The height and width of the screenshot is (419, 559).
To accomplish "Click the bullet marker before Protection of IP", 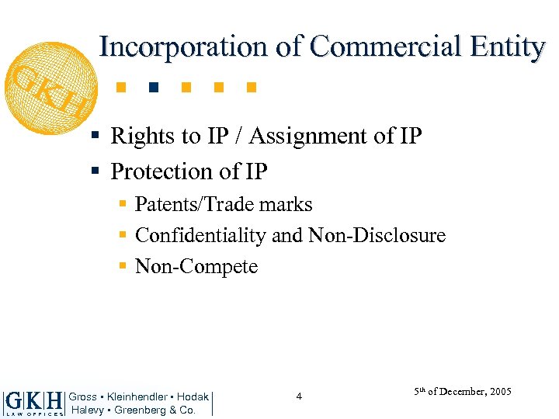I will click(x=94, y=170).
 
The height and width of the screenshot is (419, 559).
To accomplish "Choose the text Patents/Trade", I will click(x=195, y=205).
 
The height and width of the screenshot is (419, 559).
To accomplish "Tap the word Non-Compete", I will click(x=196, y=266).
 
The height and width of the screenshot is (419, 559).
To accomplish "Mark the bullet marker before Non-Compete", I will click(x=123, y=265).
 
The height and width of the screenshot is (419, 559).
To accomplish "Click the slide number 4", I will click(x=298, y=397).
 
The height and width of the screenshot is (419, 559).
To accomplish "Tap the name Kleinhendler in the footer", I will click(x=137, y=397).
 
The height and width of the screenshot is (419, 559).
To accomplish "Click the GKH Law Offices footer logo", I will click(x=33, y=403).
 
